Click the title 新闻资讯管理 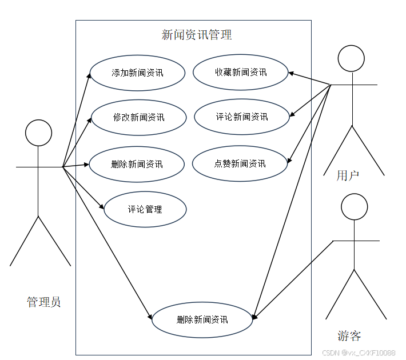[x=197, y=35]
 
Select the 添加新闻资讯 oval [x=137, y=73]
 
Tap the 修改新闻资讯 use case [x=138, y=117]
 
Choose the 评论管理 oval [x=145, y=209]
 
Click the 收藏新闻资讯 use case [x=241, y=72]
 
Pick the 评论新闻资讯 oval [x=241, y=117]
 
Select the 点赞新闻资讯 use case [x=240, y=163]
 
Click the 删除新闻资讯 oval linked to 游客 [x=202, y=319]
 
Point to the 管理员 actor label [x=43, y=302]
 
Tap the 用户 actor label [x=348, y=175]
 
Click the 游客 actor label [x=349, y=335]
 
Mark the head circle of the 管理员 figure [x=39, y=133]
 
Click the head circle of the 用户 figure [x=351, y=58]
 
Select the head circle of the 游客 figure [x=354, y=207]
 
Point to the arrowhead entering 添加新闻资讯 [x=89, y=74]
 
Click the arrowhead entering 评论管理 [x=102, y=207]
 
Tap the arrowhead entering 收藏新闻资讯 [x=291, y=73]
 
